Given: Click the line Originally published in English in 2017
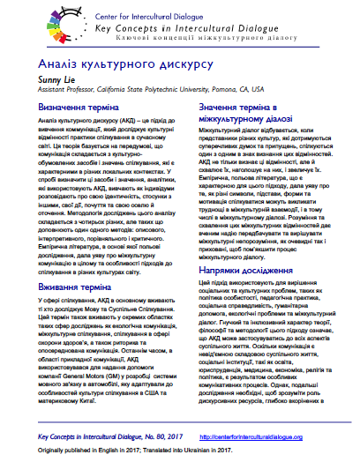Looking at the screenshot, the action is (x=98, y=452).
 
